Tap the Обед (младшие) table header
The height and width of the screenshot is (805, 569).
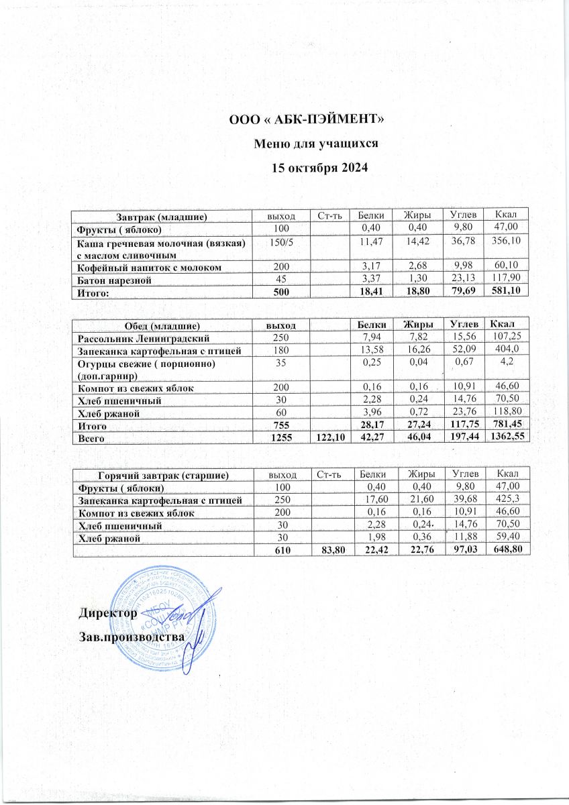[160, 325]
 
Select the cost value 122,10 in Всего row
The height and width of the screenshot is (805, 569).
[329, 436]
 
